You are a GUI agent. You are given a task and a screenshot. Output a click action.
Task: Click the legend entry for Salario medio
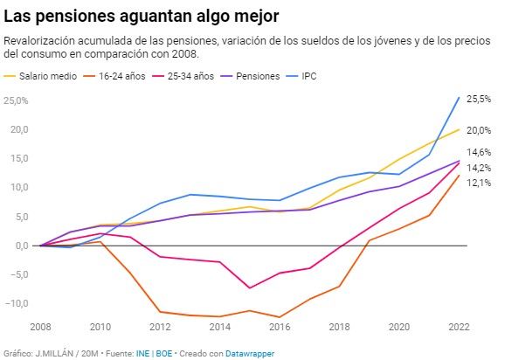[x=40, y=76]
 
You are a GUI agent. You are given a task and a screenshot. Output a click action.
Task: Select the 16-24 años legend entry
[x=114, y=76]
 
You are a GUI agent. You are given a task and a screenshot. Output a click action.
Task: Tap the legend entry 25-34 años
[x=183, y=76]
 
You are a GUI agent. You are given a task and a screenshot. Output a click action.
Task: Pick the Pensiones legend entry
[x=250, y=76]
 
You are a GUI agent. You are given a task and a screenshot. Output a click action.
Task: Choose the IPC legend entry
[x=301, y=76]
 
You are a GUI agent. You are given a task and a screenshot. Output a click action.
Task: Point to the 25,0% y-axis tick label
[x=16, y=100]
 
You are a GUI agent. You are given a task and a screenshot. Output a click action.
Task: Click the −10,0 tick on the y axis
[x=16, y=303]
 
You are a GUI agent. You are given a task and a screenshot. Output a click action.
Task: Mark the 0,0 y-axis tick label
[x=21, y=246]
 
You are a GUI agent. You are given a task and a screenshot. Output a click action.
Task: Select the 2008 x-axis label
[x=40, y=327]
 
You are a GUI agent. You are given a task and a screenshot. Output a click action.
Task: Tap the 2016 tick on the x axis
[x=280, y=327]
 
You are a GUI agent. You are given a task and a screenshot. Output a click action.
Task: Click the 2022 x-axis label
[x=459, y=327]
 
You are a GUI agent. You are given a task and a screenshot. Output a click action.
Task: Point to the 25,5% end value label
[x=479, y=99]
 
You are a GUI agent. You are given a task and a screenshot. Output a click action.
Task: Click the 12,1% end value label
[x=479, y=183]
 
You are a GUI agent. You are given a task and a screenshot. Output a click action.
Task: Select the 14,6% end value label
[x=479, y=152]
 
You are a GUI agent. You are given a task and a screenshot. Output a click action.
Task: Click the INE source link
[x=142, y=354]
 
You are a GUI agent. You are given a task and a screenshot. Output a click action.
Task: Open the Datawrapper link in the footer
[x=250, y=354]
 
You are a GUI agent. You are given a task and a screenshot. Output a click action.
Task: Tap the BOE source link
[x=164, y=354]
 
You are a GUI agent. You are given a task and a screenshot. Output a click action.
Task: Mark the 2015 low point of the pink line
[x=250, y=287]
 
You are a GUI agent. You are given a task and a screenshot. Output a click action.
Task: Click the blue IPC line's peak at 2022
[x=459, y=97]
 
